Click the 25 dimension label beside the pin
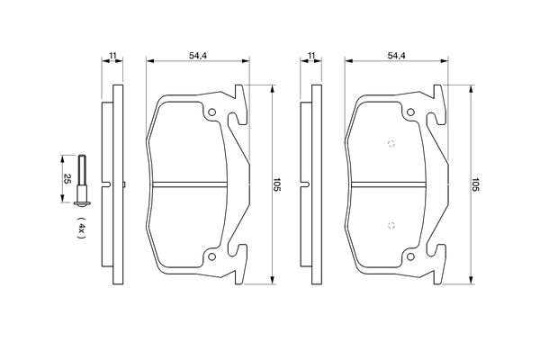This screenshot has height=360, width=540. pyautogui.click(x=65, y=178)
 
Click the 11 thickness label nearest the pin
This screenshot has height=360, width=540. pyautogui.click(x=112, y=57)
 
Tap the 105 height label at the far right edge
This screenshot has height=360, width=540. pyautogui.click(x=474, y=186)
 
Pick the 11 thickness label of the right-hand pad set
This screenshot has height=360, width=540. pyautogui.click(x=311, y=57)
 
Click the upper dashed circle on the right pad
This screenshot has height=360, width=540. pyautogui.click(x=390, y=144)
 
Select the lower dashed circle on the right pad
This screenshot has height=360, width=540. pyautogui.click(x=390, y=226)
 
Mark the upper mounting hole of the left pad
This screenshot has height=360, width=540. pyautogui.click(x=212, y=113)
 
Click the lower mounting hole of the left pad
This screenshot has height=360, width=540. pyautogui.click(x=212, y=256)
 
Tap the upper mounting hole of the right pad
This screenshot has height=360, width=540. pyautogui.click(x=411, y=113)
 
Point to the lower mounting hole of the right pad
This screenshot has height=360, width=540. pyautogui.click(x=411, y=256)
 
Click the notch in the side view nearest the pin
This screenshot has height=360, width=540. pyautogui.click(x=109, y=185)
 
